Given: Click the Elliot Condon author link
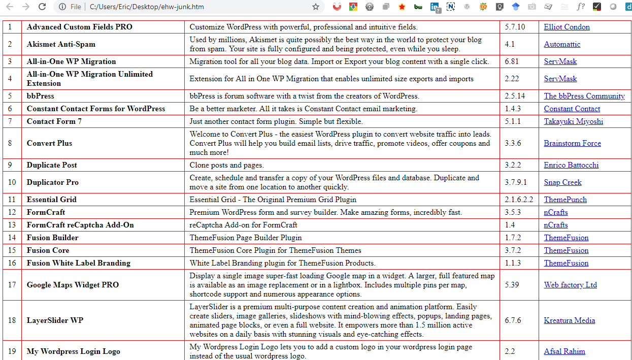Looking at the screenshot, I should coord(567,27).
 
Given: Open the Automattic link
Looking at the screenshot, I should coord(562,44).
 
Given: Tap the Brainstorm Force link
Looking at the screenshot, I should coord(572,143).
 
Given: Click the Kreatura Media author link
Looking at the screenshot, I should coord(570,320).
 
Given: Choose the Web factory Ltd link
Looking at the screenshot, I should coord(570,285).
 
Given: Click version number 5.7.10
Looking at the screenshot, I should coord(515,27).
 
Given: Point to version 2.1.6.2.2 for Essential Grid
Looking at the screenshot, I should coord(519,200).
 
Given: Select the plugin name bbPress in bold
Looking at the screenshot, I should coord(40,96).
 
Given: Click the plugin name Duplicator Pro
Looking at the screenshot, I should coord(52,182).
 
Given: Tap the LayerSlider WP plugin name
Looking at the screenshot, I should coord(55,320).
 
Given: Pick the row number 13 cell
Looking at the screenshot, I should coord(12,225).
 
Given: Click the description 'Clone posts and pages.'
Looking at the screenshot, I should coord(226,165).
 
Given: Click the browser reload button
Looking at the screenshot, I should coord(42,7).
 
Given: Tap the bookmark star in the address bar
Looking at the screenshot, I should coord(316,7).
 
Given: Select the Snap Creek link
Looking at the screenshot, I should coord(562,182).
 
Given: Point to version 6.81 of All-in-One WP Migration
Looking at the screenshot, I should coord(512,61).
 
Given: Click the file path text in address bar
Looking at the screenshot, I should coord(147,7).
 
